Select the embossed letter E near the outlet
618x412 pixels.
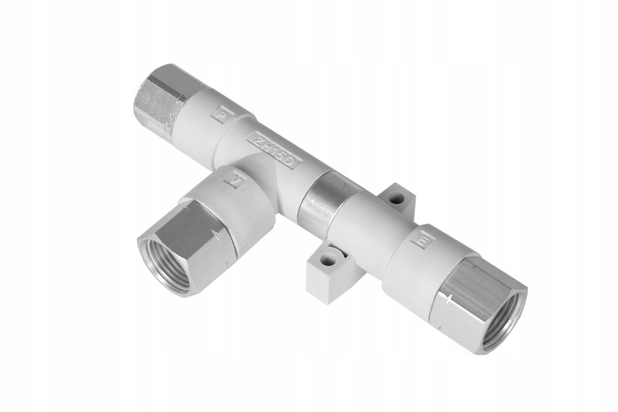pyautogui.click(x=424, y=242)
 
